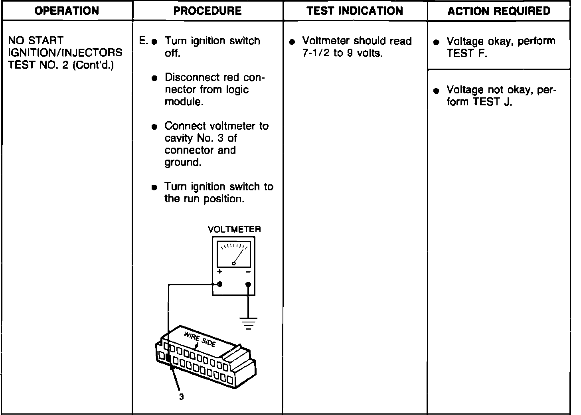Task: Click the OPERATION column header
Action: (x=67, y=11)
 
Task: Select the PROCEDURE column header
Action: (x=207, y=11)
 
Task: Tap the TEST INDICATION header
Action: (x=355, y=11)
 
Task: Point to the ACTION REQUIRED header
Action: (x=499, y=11)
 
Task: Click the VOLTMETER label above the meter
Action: (x=234, y=229)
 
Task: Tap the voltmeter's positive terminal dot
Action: (x=219, y=285)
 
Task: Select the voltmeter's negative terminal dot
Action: (x=248, y=285)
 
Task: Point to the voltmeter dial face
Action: (x=234, y=254)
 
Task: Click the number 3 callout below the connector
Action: (x=181, y=397)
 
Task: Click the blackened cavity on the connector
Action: (x=168, y=358)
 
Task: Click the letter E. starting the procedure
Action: (x=143, y=41)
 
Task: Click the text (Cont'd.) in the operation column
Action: (x=94, y=65)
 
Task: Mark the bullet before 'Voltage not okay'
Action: (x=437, y=91)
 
